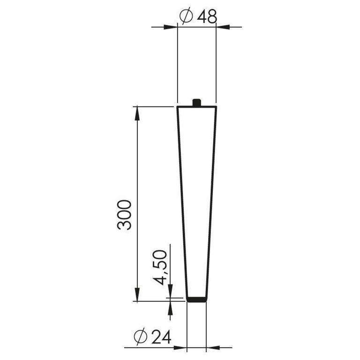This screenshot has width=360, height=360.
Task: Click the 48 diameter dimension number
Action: point(207,17)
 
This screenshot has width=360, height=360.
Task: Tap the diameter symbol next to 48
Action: point(186,16)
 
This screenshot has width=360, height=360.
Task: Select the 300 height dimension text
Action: point(124,215)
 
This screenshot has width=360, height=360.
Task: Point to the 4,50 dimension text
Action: point(160,267)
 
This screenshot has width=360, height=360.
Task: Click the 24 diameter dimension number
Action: point(162,337)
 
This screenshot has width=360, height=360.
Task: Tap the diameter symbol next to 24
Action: point(140,337)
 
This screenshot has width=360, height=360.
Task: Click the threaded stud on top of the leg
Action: point(196,102)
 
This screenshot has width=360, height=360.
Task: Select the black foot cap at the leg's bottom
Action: point(196,300)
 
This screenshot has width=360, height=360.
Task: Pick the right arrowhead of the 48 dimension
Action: point(223,27)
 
